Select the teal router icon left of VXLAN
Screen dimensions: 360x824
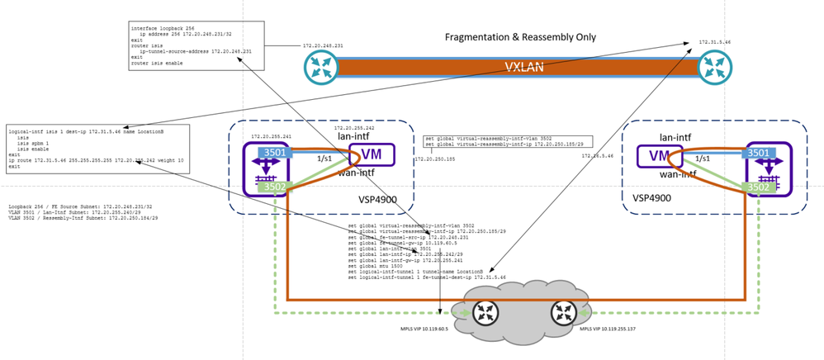pos(321,68)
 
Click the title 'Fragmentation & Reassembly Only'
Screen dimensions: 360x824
pos(520,37)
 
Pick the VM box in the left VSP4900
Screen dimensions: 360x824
pos(372,154)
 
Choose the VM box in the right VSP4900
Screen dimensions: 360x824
pos(661,154)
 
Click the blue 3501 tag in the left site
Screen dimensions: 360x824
pos(275,153)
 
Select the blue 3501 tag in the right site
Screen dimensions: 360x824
pos(759,153)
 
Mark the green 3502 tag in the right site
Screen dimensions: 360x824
pos(759,187)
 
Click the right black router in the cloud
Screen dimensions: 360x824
pos(564,313)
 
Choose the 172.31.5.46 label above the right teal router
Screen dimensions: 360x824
pos(715,41)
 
